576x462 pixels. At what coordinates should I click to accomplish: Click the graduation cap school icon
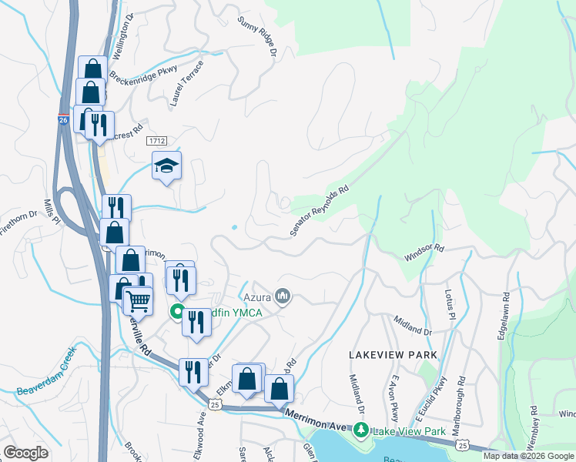point(166,166)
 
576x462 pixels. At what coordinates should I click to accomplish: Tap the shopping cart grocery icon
point(138,300)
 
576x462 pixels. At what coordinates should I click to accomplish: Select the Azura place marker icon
point(283,296)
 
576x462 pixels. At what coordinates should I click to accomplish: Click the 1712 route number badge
point(157,139)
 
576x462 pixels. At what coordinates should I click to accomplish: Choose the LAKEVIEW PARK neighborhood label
point(393,355)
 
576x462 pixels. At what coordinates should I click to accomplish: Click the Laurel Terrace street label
point(187,82)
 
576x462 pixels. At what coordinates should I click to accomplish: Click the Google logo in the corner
point(25,452)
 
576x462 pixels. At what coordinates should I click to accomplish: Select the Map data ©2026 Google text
point(528,456)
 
